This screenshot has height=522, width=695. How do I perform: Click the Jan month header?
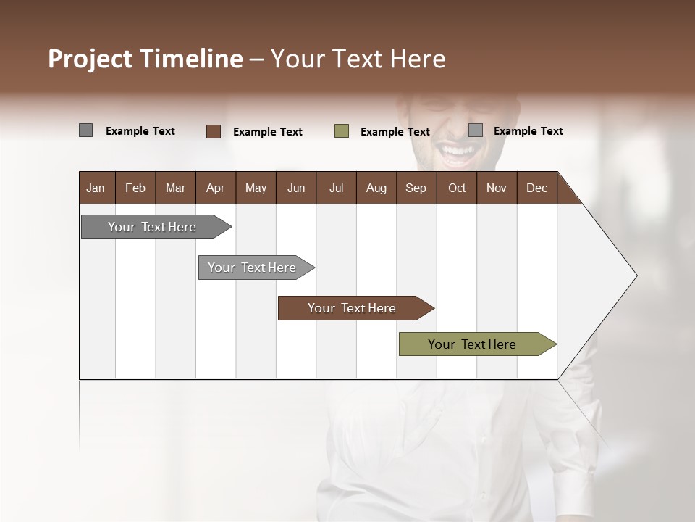(x=96, y=188)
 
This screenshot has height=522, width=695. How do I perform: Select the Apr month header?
(x=215, y=188)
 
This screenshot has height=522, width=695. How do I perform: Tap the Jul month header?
(x=336, y=188)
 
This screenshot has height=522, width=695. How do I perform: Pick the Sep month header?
(x=416, y=188)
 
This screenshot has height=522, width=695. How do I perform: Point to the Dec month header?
(x=536, y=188)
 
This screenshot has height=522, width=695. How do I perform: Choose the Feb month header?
(x=135, y=188)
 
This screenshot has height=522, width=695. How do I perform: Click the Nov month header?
(x=496, y=188)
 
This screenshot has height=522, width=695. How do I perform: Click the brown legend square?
(x=214, y=131)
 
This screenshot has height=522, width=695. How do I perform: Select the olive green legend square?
(x=342, y=131)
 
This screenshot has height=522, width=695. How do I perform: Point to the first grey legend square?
(x=85, y=130)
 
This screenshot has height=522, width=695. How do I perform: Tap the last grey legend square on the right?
(x=476, y=130)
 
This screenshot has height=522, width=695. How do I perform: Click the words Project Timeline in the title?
(x=146, y=59)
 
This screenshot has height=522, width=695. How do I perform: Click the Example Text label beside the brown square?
(x=268, y=132)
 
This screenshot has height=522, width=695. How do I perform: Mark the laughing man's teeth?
(x=458, y=152)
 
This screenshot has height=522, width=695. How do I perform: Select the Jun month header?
(x=296, y=188)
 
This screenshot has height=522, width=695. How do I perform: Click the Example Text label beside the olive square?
(x=395, y=132)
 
